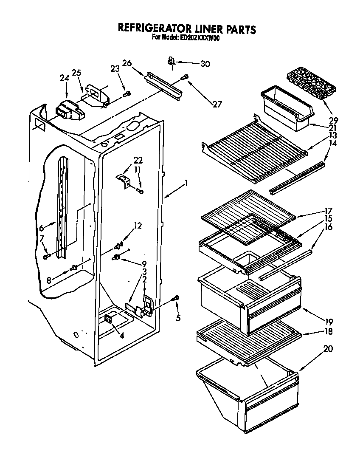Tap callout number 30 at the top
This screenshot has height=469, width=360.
(205, 64)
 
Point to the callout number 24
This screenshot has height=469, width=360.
(65, 78)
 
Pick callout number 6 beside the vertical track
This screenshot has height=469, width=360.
(42, 228)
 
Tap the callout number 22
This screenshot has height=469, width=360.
(138, 161)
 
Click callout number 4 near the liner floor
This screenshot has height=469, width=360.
(121, 336)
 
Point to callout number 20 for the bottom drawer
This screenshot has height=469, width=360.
(328, 349)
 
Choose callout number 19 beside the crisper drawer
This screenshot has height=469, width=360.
(329, 322)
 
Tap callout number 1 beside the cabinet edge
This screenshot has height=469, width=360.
(185, 184)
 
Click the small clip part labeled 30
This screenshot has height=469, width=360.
(171, 62)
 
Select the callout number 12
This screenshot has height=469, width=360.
(138, 226)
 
